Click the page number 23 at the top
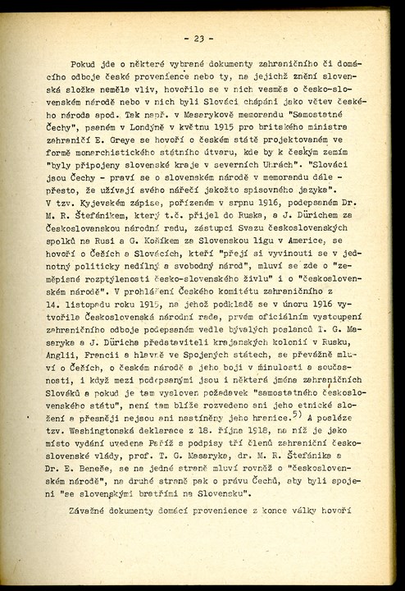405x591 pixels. (x=199, y=38)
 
